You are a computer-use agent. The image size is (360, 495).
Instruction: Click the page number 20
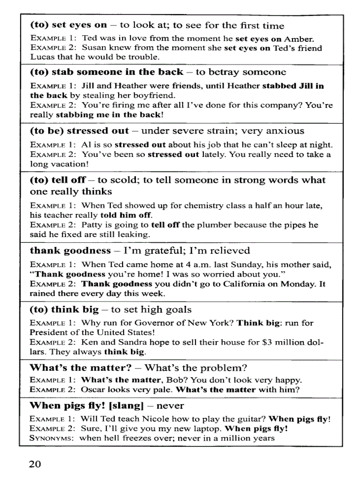tap(35, 464)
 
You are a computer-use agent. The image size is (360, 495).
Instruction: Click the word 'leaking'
tap(135, 235)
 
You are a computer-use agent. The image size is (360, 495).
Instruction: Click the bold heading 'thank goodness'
tap(70, 251)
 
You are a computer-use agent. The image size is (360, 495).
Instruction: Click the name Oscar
tap(92, 390)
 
